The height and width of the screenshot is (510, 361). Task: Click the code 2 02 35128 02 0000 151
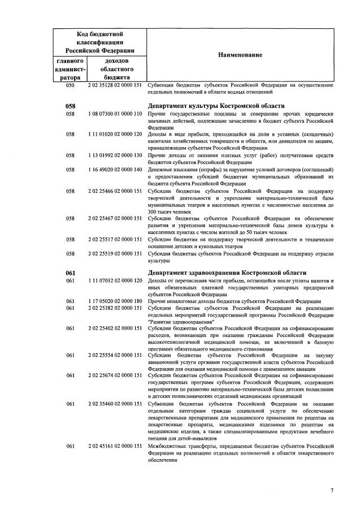tap(115, 85)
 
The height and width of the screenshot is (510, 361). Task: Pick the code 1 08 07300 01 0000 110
tap(115, 114)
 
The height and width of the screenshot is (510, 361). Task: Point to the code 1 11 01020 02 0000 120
tap(115, 135)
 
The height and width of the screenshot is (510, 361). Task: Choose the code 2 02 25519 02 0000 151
tap(115, 254)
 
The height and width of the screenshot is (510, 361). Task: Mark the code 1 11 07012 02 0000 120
tap(115, 280)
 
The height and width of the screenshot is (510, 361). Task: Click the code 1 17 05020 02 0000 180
tap(115, 301)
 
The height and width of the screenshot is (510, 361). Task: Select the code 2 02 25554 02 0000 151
tap(115, 355)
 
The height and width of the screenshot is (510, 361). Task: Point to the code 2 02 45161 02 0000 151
tap(115, 446)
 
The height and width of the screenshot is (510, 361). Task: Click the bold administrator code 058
tap(71, 106)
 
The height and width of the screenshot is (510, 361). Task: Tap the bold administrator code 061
tap(71, 273)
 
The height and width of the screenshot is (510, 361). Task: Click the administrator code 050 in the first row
tap(71, 85)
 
